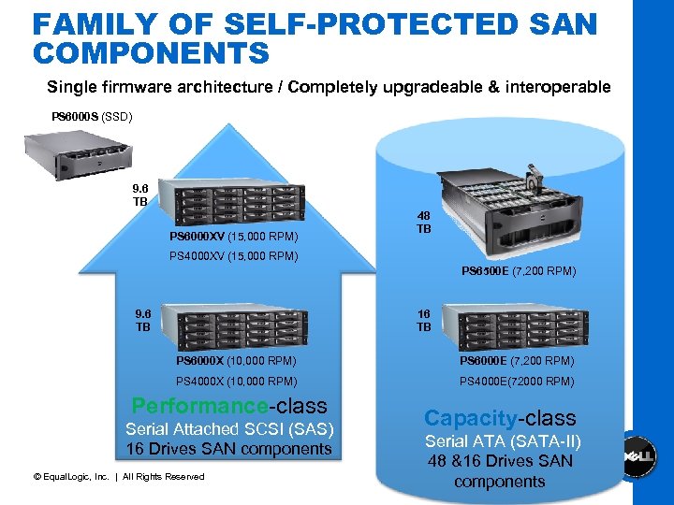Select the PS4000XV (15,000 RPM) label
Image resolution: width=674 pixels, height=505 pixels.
(x=233, y=255)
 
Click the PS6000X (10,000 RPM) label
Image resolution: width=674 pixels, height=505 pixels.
(x=236, y=361)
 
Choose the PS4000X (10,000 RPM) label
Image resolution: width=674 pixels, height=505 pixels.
(x=236, y=382)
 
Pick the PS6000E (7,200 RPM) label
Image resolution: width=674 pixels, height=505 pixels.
(x=517, y=361)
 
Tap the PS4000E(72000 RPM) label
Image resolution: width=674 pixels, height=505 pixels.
(x=517, y=382)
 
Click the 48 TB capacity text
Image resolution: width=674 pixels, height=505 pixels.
(x=423, y=222)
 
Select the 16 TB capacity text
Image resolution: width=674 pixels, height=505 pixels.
(x=423, y=322)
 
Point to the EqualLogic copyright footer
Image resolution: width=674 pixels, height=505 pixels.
(x=118, y=477)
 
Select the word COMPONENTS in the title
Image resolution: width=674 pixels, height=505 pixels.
(x=151, y=53)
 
